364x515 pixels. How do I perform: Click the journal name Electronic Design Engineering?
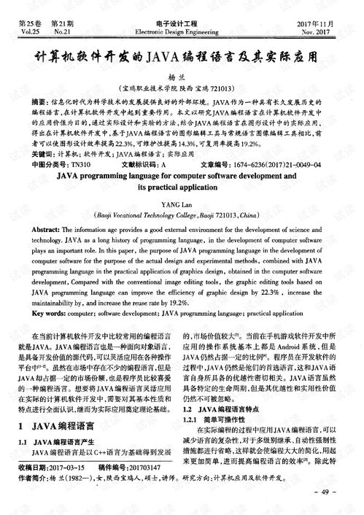182,32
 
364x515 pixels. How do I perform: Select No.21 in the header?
61,32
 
